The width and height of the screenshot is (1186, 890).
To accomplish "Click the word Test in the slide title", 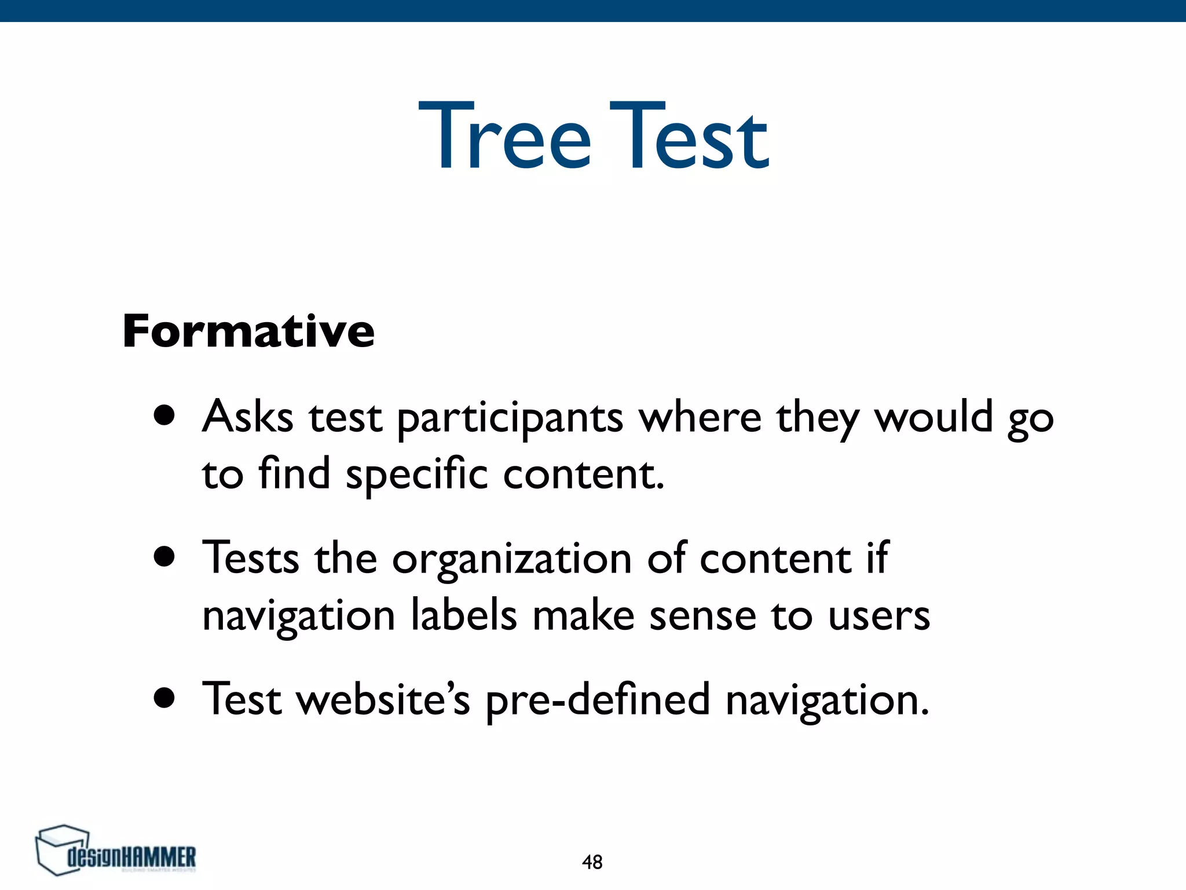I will [689, 136].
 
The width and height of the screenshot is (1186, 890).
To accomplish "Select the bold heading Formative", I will [248, 331].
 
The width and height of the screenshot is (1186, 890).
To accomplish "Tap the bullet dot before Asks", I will [165, 415].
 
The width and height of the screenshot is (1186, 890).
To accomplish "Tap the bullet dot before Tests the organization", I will [165, 557].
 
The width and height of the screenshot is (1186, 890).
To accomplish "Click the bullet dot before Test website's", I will [165, 698].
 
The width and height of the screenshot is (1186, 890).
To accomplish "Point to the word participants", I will [510, 418].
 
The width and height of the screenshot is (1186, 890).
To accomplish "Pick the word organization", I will [512, 560].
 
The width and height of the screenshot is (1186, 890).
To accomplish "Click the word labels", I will [464, 615].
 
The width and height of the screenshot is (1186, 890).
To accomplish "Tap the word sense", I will [702, 616].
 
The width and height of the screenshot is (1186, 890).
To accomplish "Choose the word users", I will [878, 616].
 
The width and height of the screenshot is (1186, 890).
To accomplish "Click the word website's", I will [383, 699].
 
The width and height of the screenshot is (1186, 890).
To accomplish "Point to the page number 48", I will [592, 862].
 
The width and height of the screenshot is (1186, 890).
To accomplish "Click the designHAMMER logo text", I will [132, 857].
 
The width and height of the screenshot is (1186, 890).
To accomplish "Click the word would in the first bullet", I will [934, 417].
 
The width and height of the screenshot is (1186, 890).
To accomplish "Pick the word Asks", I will [248, 417].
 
